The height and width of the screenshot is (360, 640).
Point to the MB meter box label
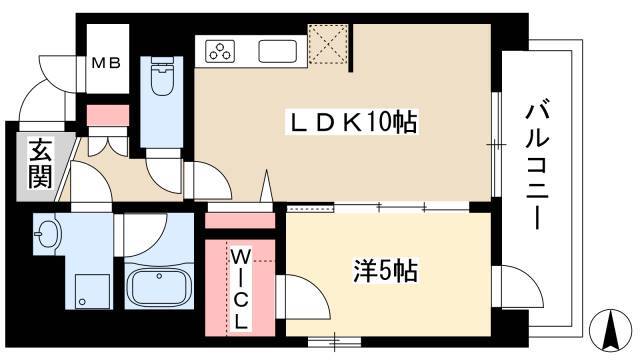click(106, 64)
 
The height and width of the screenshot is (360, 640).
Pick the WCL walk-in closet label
click(242, 290)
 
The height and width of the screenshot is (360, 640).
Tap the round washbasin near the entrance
click(46, 237)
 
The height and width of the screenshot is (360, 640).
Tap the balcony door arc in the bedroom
click(507, 282)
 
